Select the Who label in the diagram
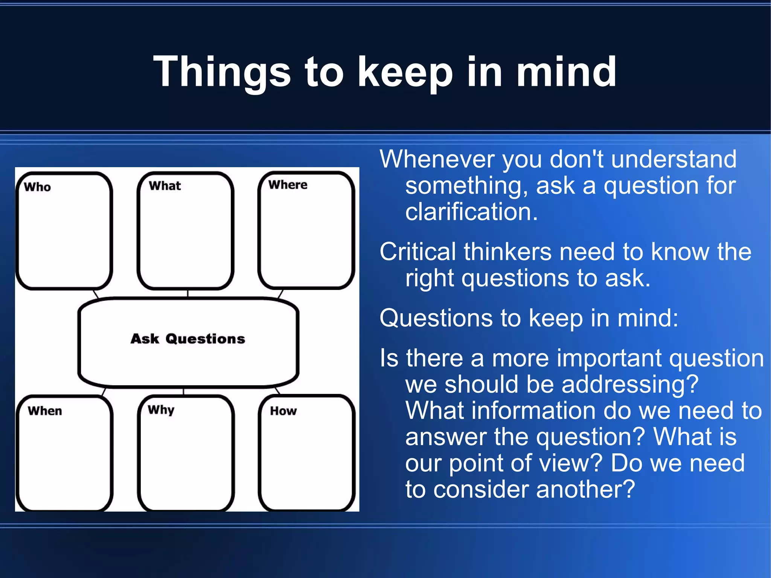tap(37, 187)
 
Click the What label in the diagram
tap(165, 186)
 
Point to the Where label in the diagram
tap(288, 185)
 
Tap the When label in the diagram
tap(45, 410)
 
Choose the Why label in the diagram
tap(161, 410)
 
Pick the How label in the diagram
tap(283, 411)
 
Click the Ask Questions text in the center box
tap(188, 339)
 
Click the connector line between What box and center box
tap(187, 294)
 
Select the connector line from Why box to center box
tap(183, 392)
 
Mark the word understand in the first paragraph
tap(674, 159)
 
